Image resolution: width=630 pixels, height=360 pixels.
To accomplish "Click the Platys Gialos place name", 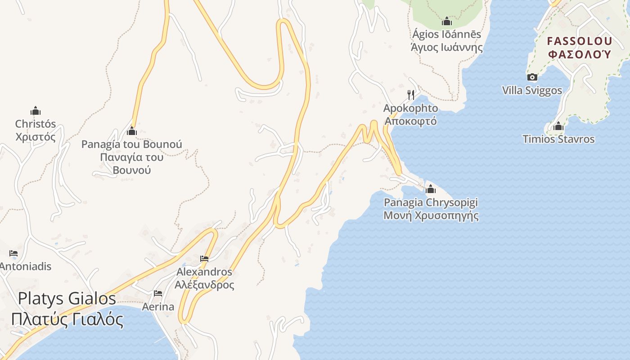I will coord(67,298).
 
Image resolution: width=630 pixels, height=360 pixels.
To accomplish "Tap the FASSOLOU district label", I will coord(580,41).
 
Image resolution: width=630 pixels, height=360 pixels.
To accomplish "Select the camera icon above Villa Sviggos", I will coord(532,77).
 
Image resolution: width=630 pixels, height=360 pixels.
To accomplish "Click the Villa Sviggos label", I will coord(532,90).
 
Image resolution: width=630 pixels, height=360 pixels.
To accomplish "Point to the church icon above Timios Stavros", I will coord(558,126).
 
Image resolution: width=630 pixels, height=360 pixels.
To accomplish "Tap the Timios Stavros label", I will coord(558,139).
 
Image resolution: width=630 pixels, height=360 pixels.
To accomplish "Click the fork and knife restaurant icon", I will coord(410,94).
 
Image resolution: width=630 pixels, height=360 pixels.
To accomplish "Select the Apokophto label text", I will coord(410,108).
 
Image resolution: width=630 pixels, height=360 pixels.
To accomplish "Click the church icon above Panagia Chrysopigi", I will coord(431,189).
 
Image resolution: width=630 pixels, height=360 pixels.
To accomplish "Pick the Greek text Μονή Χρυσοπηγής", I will coord(431,216).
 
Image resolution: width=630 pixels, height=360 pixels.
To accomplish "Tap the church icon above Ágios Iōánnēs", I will coord(446,21).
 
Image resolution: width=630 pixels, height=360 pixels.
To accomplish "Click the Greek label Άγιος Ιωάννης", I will coord(446,47).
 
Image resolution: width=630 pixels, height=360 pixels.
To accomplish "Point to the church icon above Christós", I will coord(36,111).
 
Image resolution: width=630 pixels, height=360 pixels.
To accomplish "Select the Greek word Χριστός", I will coord(36,137).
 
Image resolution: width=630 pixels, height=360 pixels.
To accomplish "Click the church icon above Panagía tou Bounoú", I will coord(132,131).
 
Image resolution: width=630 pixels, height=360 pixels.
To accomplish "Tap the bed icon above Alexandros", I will coord(204,259).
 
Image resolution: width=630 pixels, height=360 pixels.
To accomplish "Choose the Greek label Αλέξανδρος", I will coord(204,285).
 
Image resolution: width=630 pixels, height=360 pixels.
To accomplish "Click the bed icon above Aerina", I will coord(158,293).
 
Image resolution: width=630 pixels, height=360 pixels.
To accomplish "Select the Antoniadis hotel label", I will coord(26,266).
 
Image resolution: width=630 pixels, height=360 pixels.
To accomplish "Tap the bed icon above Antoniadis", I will coord(13,253).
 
